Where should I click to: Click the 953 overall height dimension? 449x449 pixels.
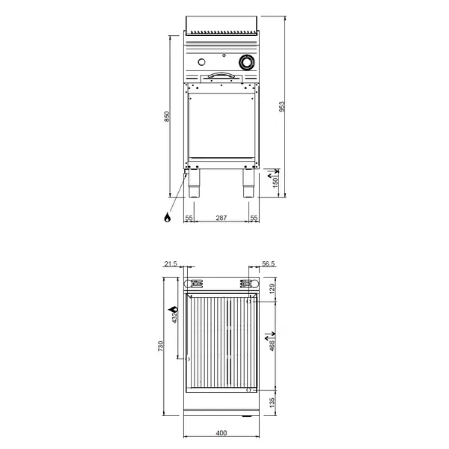coord(282,106)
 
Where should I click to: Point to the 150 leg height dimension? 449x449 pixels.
coord(275,182)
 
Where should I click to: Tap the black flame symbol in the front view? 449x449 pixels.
coord(168,218)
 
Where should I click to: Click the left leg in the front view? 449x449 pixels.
coord(194,184)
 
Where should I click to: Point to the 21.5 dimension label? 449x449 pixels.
coord(171,264)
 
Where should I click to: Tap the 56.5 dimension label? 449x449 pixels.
coord(270,264)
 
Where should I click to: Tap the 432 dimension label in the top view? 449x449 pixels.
coord(174,317)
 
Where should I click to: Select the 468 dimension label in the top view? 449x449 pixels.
coord(272,342)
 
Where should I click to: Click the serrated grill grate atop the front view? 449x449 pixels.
coord(222,33)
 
